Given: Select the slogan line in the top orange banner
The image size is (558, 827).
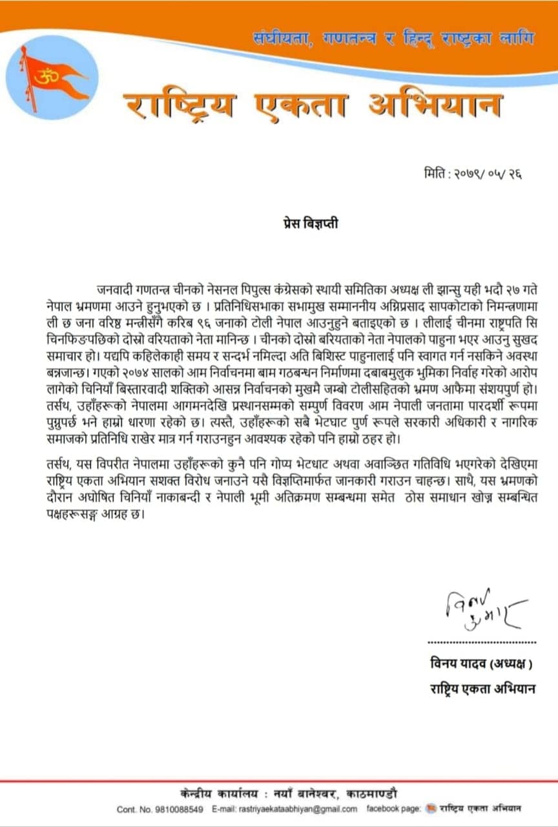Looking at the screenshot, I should pos(394,40).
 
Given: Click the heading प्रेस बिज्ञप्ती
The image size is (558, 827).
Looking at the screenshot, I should pos(304,224).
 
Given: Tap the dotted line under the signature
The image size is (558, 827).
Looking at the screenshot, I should pos(482,642).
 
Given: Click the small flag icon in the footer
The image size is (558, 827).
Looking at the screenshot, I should pos(431,809).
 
